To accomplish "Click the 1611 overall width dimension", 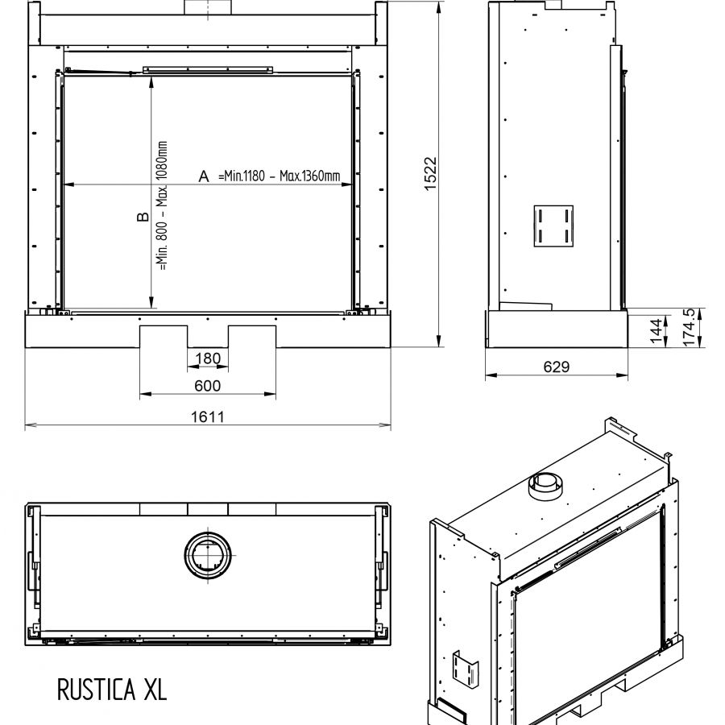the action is (x=208, y=417).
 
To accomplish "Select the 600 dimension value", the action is (x=208, y=386).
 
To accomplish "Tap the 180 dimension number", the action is (x=208, y=358).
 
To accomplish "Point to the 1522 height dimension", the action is (x=430, y=174).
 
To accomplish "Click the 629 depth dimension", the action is (x=556, y=367).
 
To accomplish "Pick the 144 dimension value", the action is (x=656, y=330).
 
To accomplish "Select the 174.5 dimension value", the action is (x=689, y=327).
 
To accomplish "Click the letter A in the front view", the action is (x=204, y=176).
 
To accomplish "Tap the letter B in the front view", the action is (x=143, y=217).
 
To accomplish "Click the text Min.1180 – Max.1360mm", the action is (x=280, y=176).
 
